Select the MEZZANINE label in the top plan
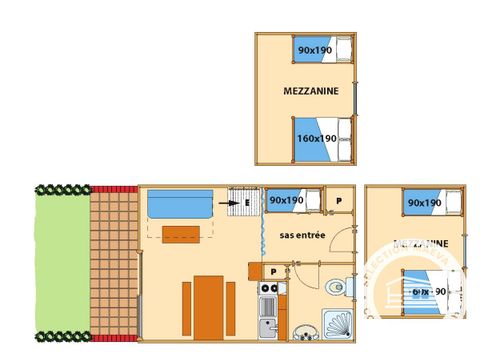tap(311, 91)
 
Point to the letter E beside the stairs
tap(246, 202)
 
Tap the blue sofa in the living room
tap(179, 204)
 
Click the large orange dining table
tap(208, 306)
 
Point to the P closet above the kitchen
tap(273, 271)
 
